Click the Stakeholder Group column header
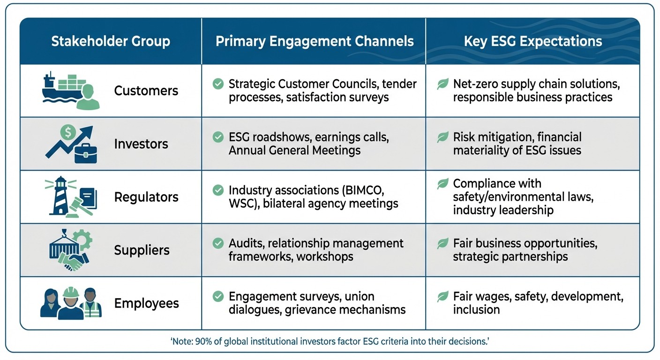pos(111,41)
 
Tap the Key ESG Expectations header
pos(533,41)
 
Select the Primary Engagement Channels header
pos(315,41)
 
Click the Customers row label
pos(146,90)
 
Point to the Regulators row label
pos(146,197)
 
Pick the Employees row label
pos(147,303)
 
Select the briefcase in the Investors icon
pos(85,154)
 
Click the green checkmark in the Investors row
pos(218,137)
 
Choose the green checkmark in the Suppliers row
pos(218,243)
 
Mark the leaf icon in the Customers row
pos(442,84)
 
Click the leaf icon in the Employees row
pos(442,297)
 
